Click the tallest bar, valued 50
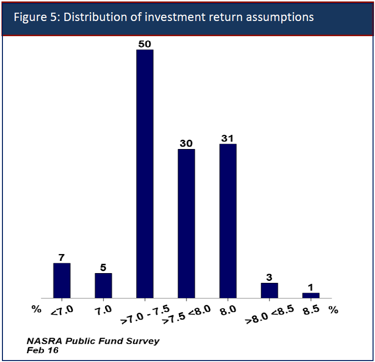[145, 174]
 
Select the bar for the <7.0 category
[62, 280]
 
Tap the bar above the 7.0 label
[104, 285]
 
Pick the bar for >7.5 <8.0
[187, 223]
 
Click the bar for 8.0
[228, 221]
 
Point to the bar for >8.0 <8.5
[270, 291]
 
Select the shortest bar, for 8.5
[311, 296]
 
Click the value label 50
[145, 44]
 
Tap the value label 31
[227, 138]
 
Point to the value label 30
[186, 143]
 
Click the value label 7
[62, 257]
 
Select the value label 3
[269, 277]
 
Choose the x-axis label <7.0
[62, 311]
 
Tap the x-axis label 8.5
[311, 310]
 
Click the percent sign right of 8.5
[333, 310]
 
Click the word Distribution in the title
[95, 17]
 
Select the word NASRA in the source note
[44, 341]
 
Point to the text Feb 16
[42, 350]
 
